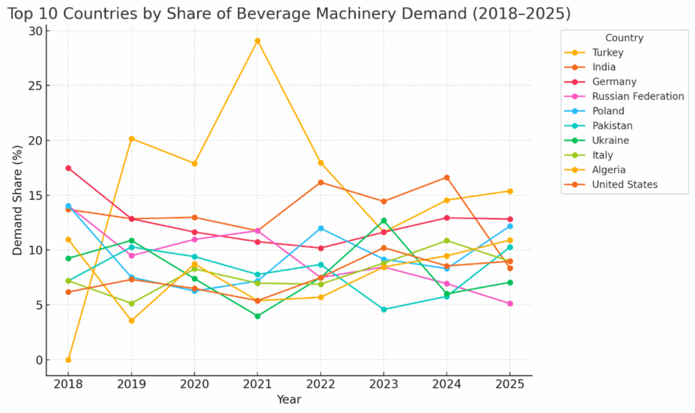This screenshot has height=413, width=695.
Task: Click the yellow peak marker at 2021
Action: click(x=257, y=41)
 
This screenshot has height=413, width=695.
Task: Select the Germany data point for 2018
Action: click(x=68, y=168)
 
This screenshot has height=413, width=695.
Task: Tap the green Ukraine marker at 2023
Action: click(x=383, y=221)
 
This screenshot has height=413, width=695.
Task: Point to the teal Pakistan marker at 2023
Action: click(x=383, y=309)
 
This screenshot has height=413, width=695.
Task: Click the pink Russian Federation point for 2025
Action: click(x=510, y=304)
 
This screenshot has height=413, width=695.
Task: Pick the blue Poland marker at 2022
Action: click(x=320, y=228)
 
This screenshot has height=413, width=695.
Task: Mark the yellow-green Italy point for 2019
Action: click(x=131, y=304)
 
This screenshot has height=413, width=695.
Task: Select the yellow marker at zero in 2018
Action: click(x=68, y=359)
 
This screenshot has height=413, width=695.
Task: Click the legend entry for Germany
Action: click(x=614, y=82)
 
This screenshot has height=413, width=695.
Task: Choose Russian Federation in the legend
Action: click(x=637, y=96)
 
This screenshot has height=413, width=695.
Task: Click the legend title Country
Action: click(x=624, y=38)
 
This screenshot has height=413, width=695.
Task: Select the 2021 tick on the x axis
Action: click(x=257, y=384)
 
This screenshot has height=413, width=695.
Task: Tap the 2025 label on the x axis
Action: click(x=510, y=384)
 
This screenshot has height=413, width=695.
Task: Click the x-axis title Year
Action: click(x=288, y=399)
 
